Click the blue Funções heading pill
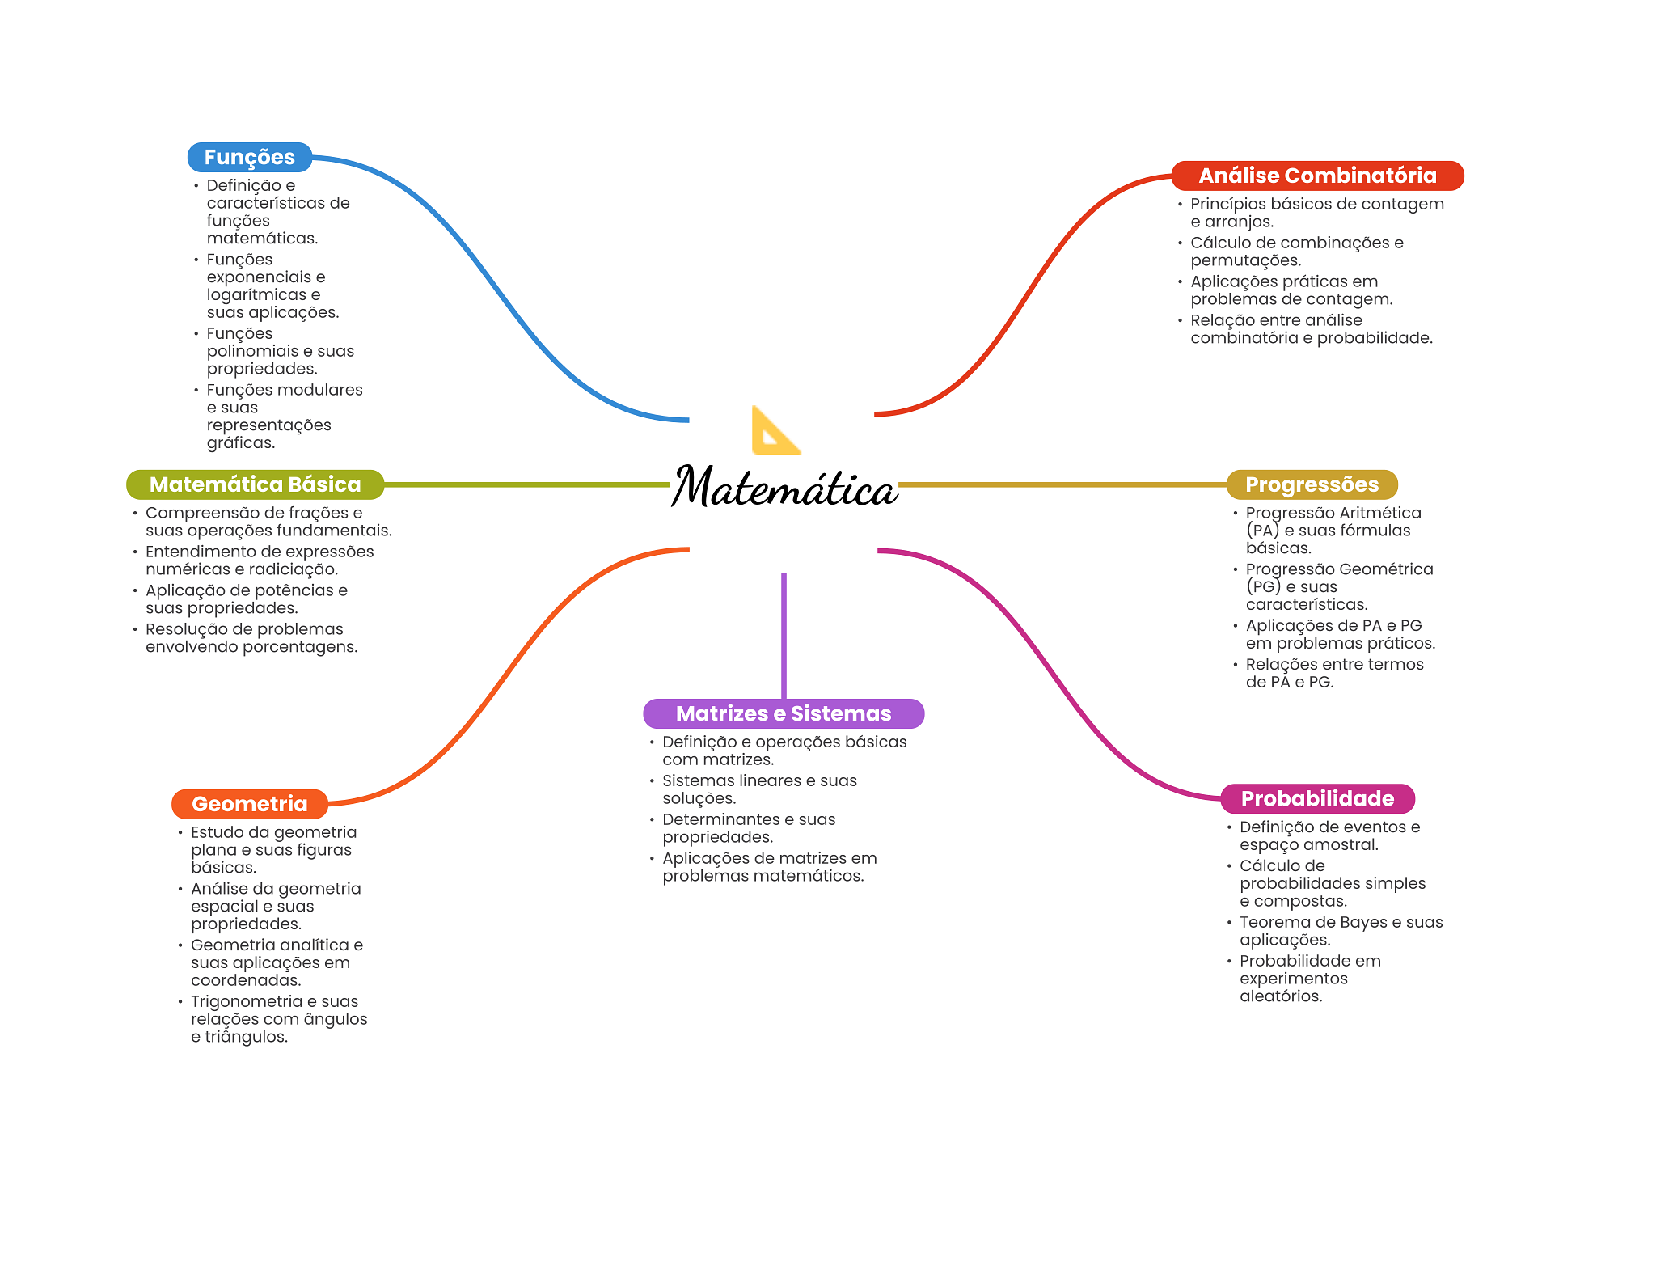click(250, 157)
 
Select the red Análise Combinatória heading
click(1317, 176)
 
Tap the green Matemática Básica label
click(256, 484)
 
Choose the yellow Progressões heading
click(1312, 484)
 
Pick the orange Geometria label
click(250, 804)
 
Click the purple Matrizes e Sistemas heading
click(784, 713)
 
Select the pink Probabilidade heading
click(1317, 798)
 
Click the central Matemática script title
click(784, 487)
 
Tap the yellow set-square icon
click(775, 430)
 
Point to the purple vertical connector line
click(784, 636)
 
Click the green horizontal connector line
click(527, 484)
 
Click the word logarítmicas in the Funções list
click(257, 295)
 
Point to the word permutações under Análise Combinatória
click(1246, 260)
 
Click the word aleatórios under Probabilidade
click(1281, 996)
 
